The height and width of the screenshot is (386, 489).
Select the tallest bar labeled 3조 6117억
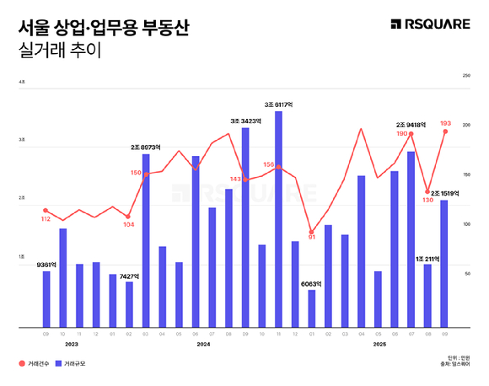[278, 218]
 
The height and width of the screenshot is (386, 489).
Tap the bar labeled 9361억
[46, 298]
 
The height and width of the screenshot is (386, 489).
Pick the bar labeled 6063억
[311, 308]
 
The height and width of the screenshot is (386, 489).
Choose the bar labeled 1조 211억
[427, 295]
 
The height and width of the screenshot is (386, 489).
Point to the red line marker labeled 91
[311, 232]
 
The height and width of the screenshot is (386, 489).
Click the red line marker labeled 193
[444, 131]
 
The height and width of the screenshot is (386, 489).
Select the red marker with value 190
[411, 134]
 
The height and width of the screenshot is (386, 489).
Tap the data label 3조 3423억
[245, 121]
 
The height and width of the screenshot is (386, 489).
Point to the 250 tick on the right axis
[466, 76]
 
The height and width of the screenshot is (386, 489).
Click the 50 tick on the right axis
[466, 274]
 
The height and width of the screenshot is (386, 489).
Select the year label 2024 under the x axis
[203, 345]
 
